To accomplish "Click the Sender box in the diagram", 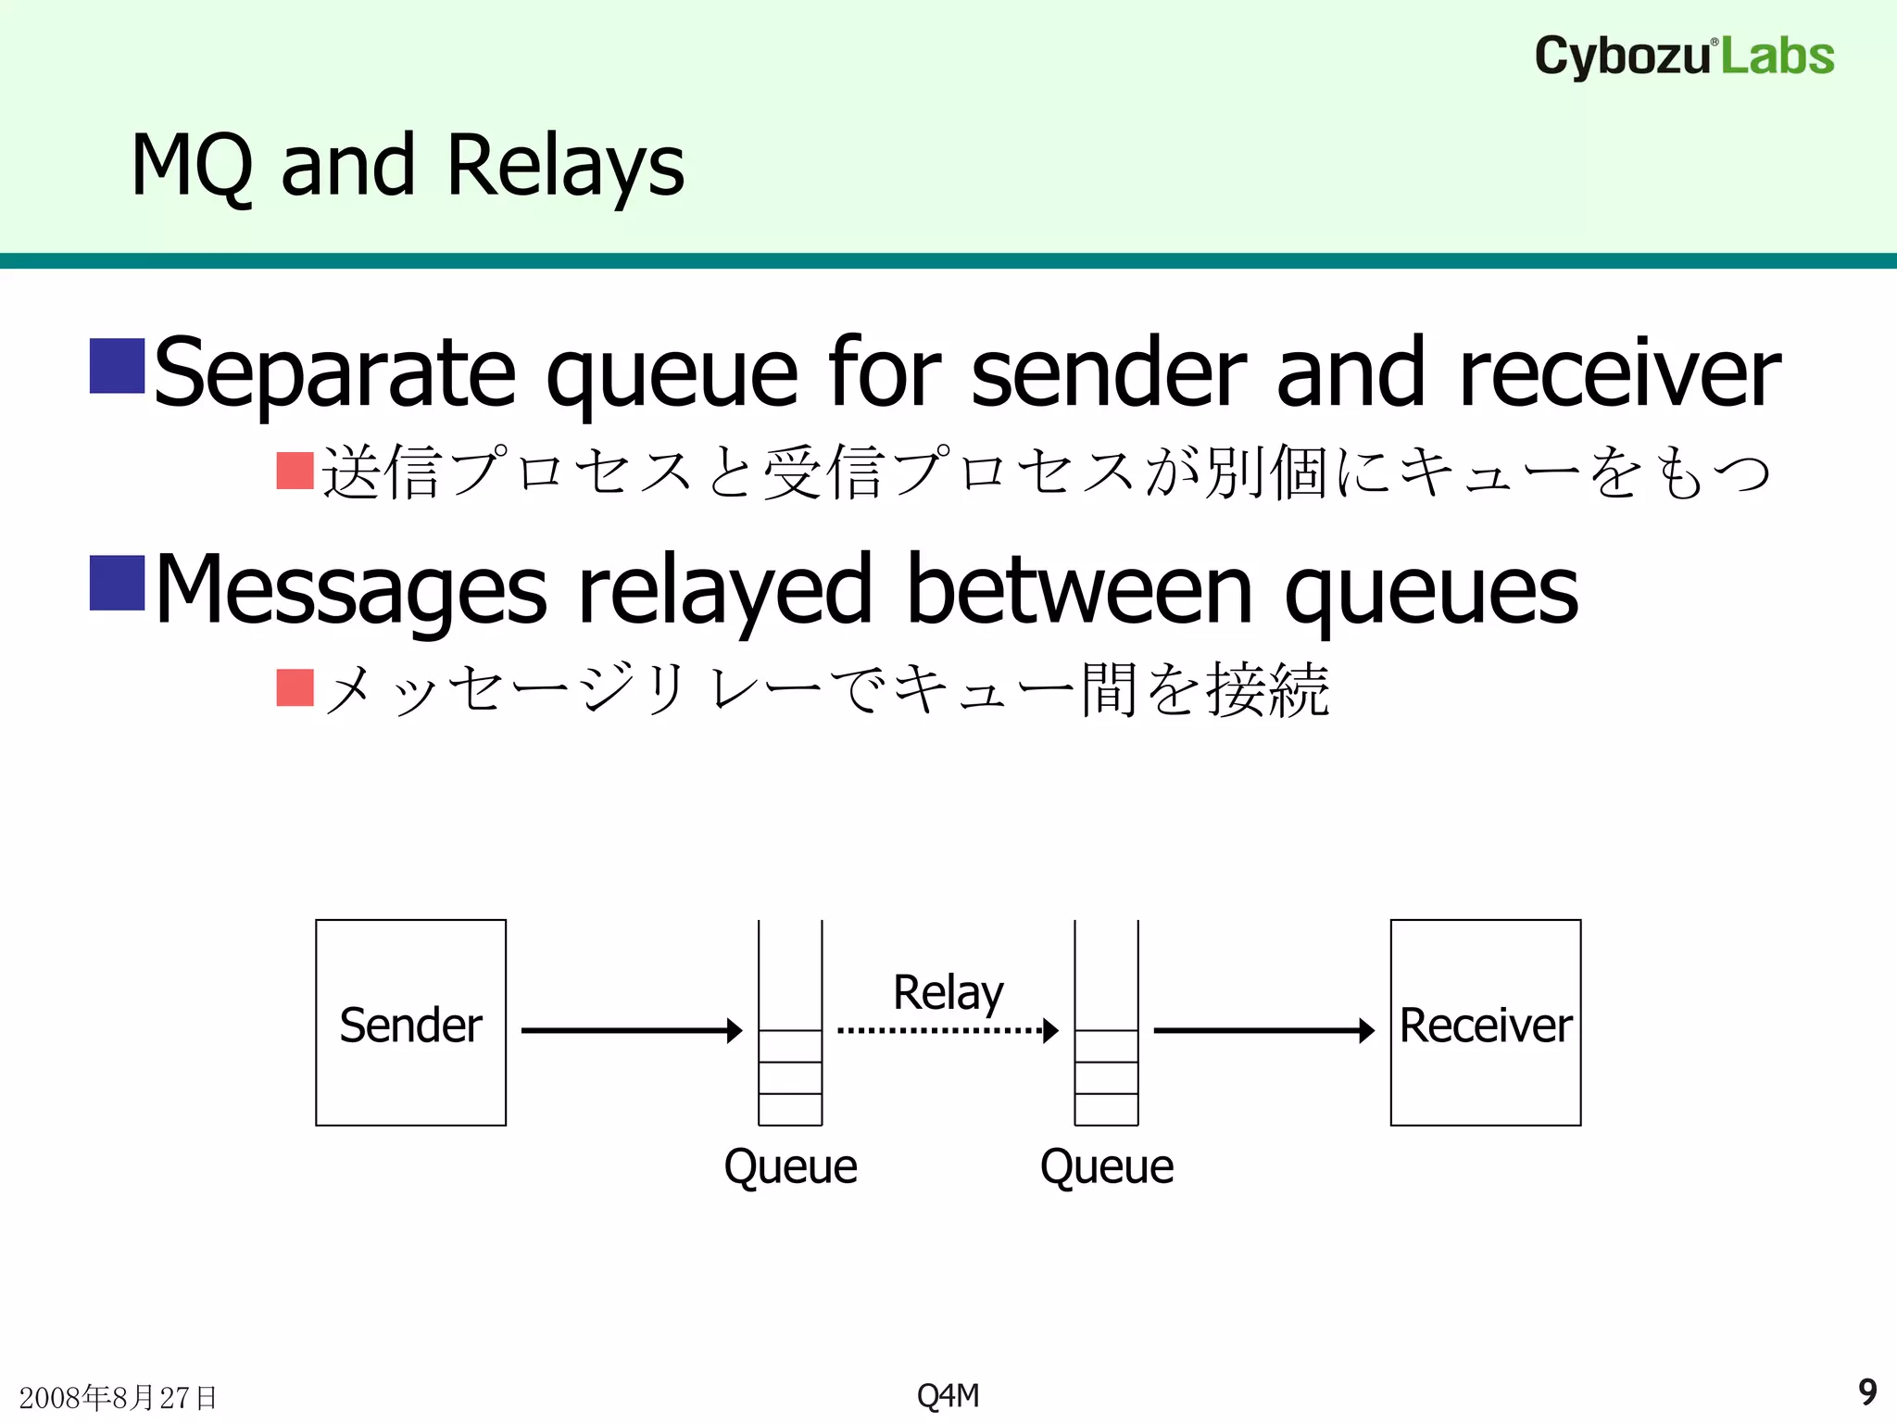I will (x=410, y=1023).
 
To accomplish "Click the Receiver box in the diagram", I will (x=1485, y=1023).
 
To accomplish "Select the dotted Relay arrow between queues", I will (x=945, y=1030).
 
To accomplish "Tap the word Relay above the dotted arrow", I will (x=948, y=992).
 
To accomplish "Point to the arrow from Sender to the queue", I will (x=630, y=1030).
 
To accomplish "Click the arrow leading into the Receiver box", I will (x=1263, y=1030).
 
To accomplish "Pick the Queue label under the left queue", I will (x=790, y=1166).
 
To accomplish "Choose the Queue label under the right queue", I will (x=1106, y=1166).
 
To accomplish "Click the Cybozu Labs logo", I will (x=1684, y=56).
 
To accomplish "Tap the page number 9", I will (x=1867, y=1392).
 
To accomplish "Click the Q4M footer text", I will (x=948, y=1395).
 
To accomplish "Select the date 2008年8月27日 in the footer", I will (x=118, y=1397).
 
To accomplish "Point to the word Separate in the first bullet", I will (x=334, y=372).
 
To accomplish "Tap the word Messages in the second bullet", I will (x=351, y=589).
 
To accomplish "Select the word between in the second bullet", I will (x=1079, y=589).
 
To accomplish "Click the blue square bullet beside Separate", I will (x=117, y=366).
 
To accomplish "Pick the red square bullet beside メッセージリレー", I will (x=295, y=687).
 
